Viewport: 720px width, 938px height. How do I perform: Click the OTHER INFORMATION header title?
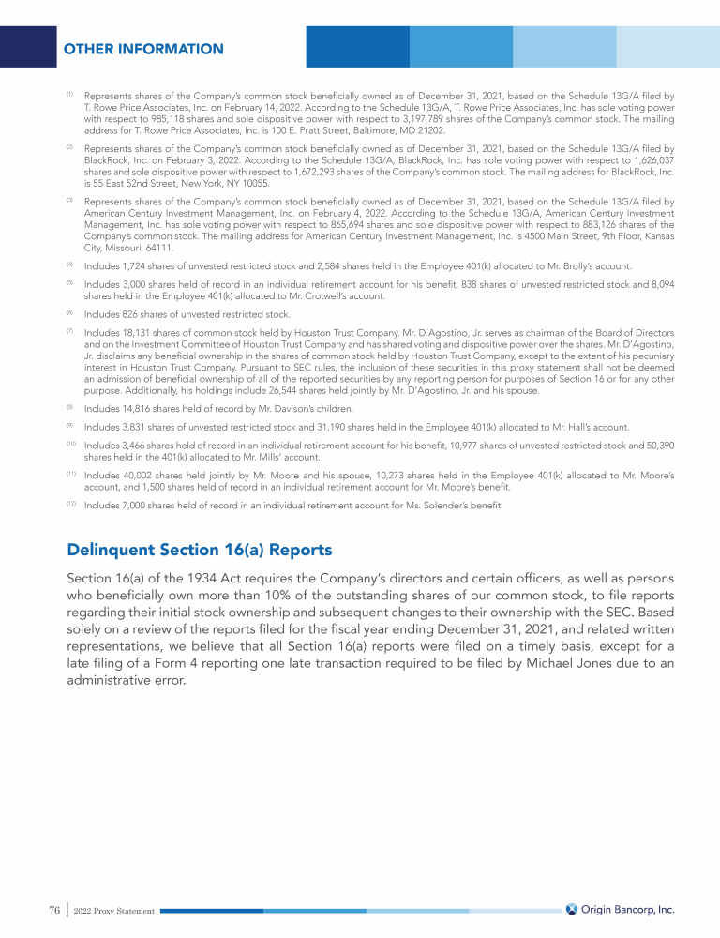point(143,49)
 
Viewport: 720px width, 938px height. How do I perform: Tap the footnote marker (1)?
point(69,95)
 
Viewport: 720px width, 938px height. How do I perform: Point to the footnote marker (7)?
point(69,331)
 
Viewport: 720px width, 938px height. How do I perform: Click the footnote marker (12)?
point(70,505)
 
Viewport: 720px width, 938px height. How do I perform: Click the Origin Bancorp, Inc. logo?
point(620,909)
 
